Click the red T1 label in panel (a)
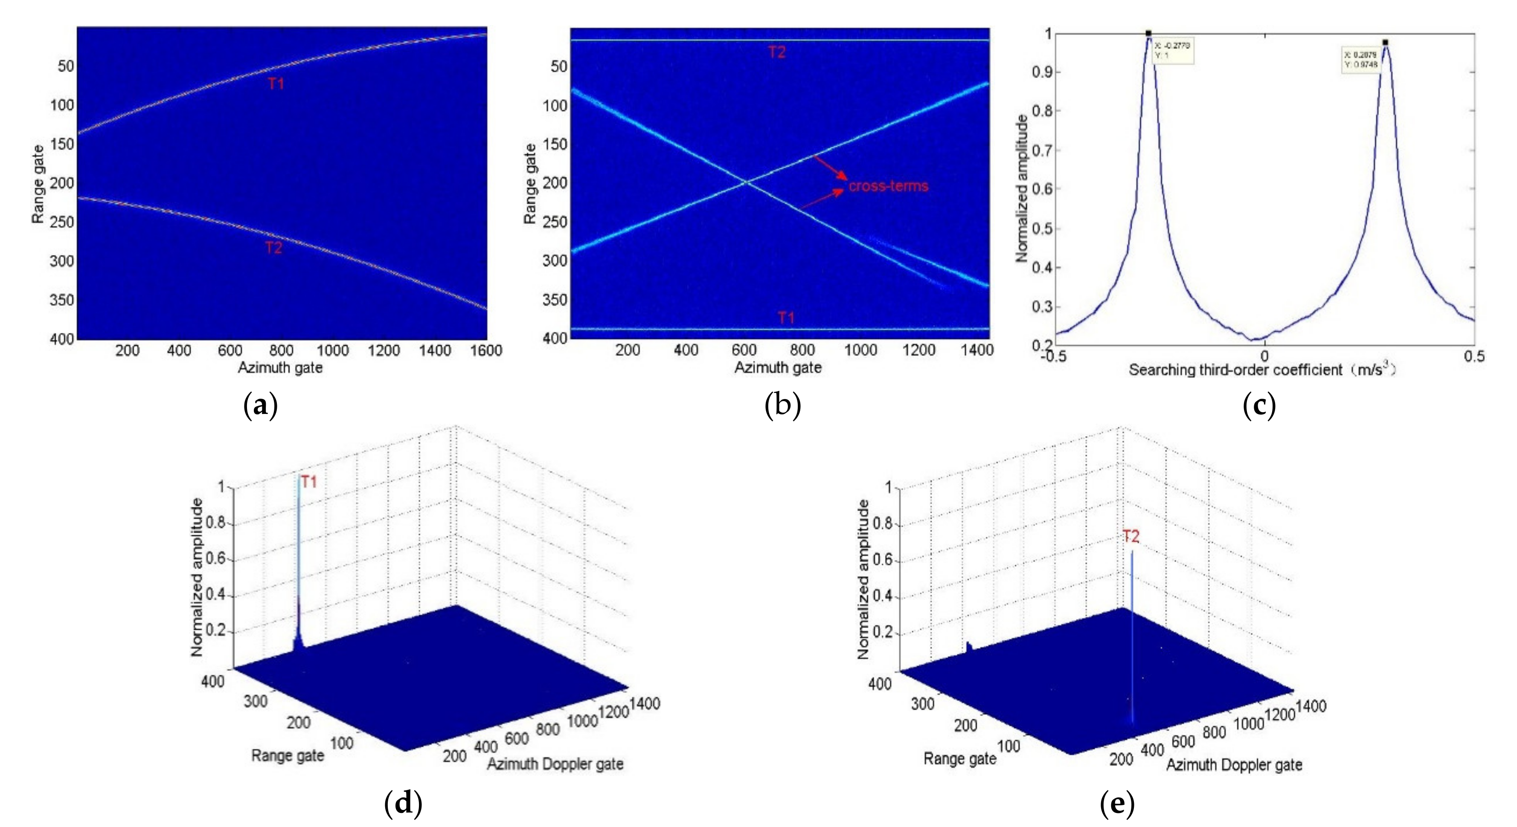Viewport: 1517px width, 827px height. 276,84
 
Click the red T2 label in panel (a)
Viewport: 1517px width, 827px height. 274,248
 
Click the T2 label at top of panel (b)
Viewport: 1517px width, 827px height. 777,52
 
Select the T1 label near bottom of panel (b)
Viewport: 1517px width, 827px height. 786,318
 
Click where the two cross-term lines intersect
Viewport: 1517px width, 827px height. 746,182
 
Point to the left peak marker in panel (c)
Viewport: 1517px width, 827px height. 1148,34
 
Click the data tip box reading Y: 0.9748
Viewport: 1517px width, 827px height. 1360,59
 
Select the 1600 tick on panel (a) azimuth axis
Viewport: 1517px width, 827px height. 486,351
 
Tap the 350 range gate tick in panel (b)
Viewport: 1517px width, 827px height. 554,300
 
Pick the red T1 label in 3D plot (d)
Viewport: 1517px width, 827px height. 309,482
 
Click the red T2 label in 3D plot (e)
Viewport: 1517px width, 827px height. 1130,536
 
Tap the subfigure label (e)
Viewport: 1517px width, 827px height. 1116,804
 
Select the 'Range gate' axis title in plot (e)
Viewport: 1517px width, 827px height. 959,758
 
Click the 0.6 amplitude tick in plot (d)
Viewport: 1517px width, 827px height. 216,558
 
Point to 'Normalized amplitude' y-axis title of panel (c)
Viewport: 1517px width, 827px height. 1022,188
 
